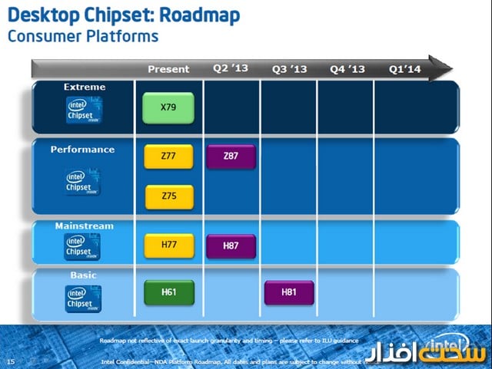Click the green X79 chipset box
point(168,107)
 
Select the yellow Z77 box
point(168,156)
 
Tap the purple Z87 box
point(230,156)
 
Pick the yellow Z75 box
point(168,196)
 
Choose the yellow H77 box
point(168,245)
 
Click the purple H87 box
point(230,245)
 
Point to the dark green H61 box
point(168,292)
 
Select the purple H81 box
point(289,292)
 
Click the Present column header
point(168,69)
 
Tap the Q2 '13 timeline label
point(231,68)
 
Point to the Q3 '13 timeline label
point(289,69)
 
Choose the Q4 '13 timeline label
point(347,69)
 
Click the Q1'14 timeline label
point(405,69)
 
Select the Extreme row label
point(85,87)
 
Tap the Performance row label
point(82,150)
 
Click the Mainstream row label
point(84,226)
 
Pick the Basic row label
point(84,274)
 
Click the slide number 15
point(10,361)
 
